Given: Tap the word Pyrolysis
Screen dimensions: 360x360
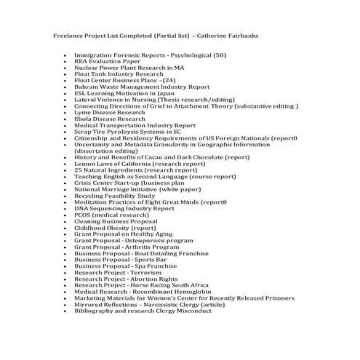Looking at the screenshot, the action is click(x=123, y=132).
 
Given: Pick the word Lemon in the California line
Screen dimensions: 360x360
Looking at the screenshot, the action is click(x=84, y=164).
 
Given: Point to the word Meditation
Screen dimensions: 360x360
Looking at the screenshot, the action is click(x=92, y=202).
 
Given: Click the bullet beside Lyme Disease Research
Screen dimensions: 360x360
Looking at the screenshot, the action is click(x=65, y=113).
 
